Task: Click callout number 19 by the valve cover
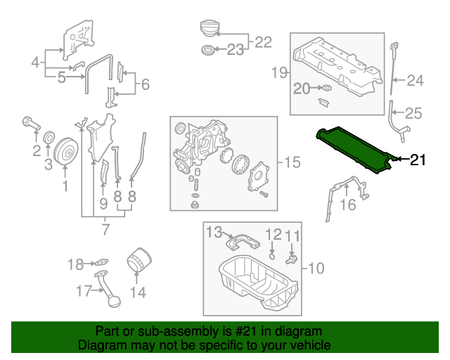click(280, 71)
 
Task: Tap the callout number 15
click(292, 162)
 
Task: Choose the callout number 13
click(214, 231)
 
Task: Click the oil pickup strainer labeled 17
click(108, 295)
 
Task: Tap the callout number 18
click(75, 264)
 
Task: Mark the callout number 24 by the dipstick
click(416, 81)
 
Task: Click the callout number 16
click(349, 205)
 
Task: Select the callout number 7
click(105, 229)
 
